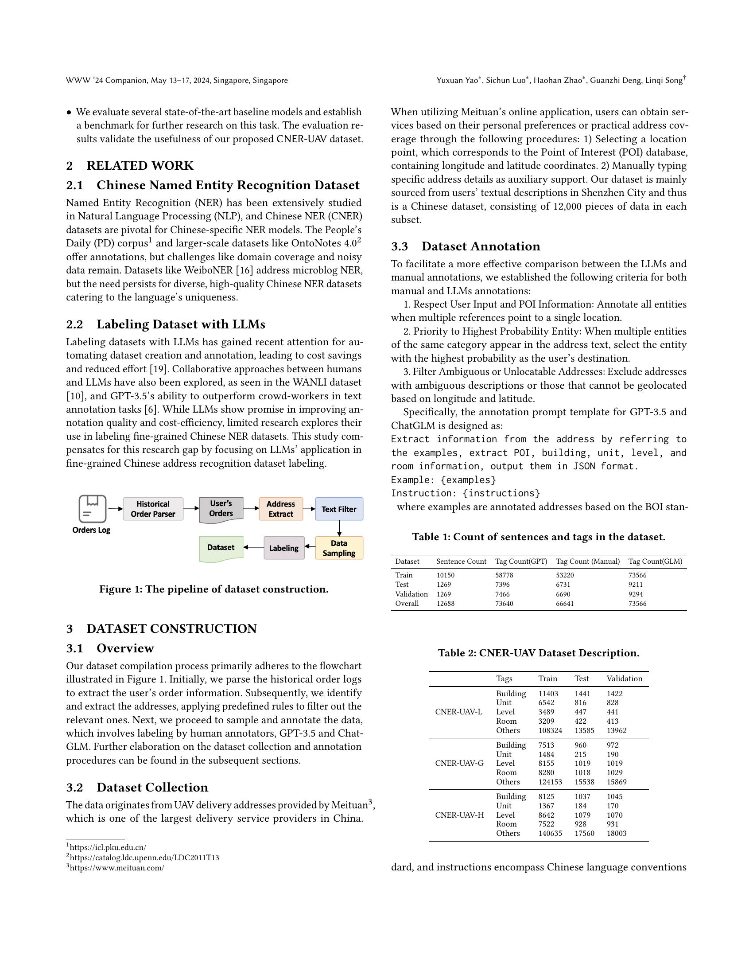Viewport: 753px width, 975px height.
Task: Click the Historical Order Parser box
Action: (x=152, y=509)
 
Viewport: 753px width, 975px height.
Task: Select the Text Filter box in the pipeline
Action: (x=338, y=509)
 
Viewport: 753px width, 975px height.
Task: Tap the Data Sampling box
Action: (x=338, y=548)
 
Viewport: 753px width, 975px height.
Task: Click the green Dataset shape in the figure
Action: (x=221, y=548)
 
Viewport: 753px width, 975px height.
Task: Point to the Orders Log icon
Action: (x=92, y=508)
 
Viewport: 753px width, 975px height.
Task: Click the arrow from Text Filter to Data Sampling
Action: (x=339, y=528)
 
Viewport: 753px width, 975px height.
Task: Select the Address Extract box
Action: (x=280, y=509)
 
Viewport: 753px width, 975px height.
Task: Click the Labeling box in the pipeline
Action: (x=284, y=548)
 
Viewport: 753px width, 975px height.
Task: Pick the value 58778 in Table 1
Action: (x=504, y=575)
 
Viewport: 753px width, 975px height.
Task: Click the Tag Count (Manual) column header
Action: (x=587, y=561)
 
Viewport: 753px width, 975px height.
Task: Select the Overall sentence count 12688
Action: (x=445, y=604)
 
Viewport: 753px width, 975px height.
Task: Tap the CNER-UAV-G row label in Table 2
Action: (x=459, y=763)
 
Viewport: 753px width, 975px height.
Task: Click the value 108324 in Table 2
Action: (x=550, y=731)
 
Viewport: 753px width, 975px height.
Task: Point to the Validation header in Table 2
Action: (x=624, y=679)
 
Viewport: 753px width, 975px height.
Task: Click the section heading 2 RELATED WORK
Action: (x=130, y=166)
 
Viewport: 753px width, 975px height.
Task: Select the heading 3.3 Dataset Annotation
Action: (x=465, y=246)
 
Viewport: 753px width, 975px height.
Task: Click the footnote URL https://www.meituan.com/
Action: (x=116, y=868)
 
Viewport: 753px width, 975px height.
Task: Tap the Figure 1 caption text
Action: (x=213, y=589)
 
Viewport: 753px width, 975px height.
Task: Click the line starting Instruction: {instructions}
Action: (x=465, y=493)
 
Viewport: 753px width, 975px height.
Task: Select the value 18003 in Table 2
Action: (x=616, y=834)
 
